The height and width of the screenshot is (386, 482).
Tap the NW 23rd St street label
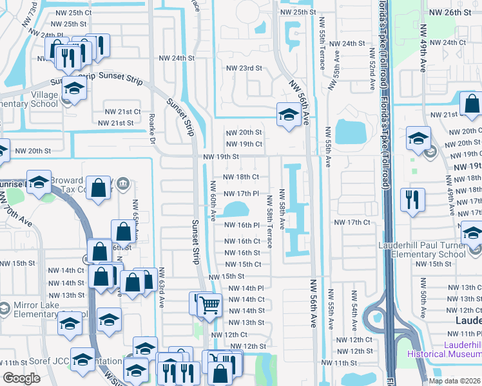click(244, 68)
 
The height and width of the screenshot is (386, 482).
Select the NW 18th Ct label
click(241, 177)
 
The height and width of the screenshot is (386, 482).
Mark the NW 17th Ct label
click(352, 223)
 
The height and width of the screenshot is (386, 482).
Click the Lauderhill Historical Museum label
click(445, 349)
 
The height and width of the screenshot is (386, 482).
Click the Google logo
click(21, 378)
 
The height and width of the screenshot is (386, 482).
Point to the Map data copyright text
click(455, 381)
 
